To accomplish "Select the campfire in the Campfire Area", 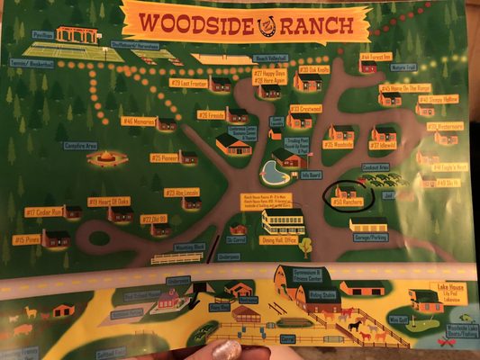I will click(103, 158).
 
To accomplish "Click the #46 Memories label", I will click(139, 120).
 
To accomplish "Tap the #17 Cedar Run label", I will click(42, 212).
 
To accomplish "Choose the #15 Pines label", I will click(25, 239).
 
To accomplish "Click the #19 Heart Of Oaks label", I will click(109, 202).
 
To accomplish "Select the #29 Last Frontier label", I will click(188, 83).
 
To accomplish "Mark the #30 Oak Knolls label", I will click(314, 69).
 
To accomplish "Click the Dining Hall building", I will click(283, 220).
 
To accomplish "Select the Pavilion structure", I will click(76, 36).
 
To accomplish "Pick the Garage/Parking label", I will click(367, 237).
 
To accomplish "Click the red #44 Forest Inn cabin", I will click(367, 66).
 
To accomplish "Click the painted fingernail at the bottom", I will click(225, 350).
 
